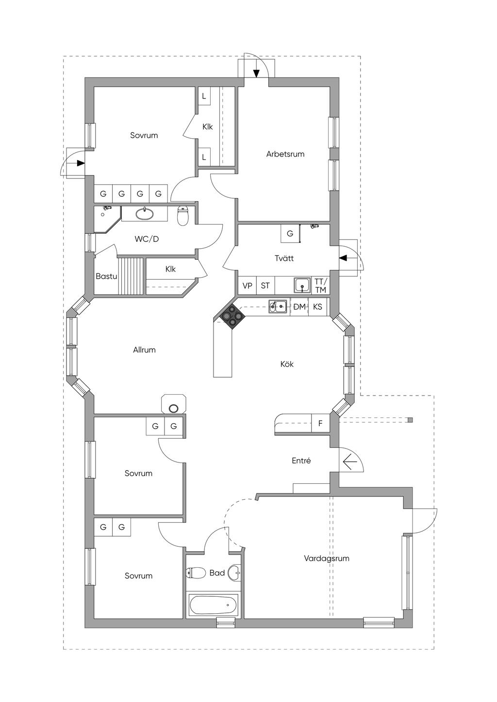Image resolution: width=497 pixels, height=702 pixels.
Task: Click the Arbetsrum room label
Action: point(285,154)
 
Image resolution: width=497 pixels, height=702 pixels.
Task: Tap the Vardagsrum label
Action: point(327,558)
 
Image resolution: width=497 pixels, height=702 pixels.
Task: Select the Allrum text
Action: point(144,350)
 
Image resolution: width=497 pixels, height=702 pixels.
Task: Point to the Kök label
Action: point(287,364)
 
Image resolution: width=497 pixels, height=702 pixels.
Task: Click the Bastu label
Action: point(106,276)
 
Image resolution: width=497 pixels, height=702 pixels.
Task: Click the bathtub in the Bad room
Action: point(214,606)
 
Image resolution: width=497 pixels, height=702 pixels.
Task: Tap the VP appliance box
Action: point(247,285)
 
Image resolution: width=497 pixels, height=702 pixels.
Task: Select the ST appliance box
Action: point(265,285)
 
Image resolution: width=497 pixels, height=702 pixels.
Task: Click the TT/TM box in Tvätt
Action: point(321,285)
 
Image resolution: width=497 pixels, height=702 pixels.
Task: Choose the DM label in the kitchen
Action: point(299,307)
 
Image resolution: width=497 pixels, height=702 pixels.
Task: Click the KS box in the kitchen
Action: point(317,306)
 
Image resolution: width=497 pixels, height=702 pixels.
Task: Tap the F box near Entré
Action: point(320,423)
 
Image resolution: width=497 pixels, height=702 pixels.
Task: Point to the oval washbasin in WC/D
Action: point(145,214)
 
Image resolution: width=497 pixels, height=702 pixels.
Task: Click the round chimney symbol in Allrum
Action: point(173,408)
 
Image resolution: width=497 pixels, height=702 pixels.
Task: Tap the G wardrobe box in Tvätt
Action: point(290,233)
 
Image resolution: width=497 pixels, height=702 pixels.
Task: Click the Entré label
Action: point(301,461)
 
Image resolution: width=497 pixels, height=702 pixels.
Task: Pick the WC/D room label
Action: point(147,239)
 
